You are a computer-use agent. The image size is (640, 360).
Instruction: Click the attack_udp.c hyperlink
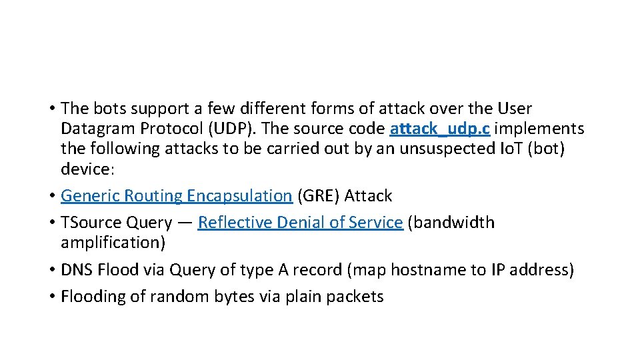tap(440, 128)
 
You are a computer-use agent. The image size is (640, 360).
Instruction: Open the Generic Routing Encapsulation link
tap(176, 196)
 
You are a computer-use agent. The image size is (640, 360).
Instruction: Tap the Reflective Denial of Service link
tap(300, 223)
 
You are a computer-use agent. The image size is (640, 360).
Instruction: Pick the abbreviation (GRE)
tap(319, 196)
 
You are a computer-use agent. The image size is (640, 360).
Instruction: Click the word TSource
tap(89, 223)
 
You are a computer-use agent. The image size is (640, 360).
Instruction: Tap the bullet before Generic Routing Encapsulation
tap(51, 196)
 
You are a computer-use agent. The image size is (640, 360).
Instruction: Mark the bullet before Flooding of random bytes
tap(51, 297)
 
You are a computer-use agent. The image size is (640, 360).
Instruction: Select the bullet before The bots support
tap(51, 108)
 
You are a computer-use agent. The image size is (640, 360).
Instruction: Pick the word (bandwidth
tap(451, 223)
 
